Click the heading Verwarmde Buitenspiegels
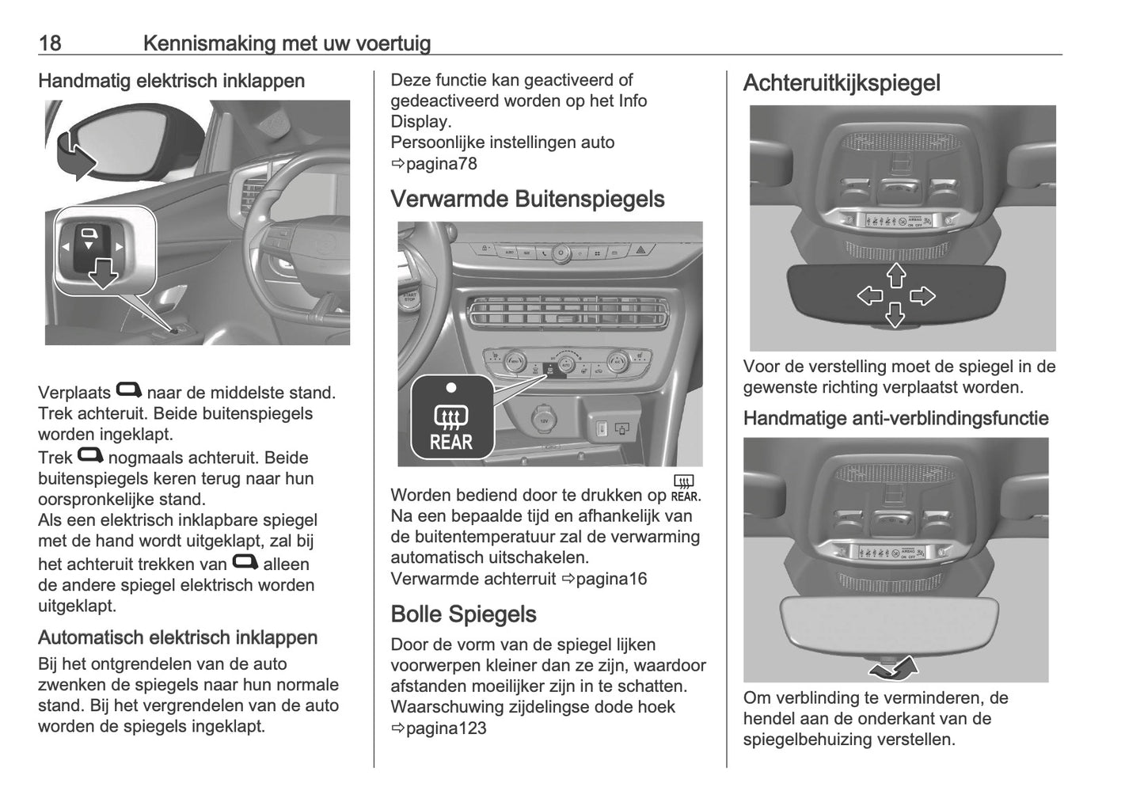pos(527,199)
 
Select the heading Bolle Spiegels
pos(463,614)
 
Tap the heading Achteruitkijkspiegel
pos(842,83)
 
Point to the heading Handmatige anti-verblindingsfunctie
pos(895,419)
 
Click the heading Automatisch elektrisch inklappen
pos(177,638)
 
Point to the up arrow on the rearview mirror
pos(895,275)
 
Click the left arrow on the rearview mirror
pos(870,296)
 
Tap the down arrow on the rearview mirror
pos(895,315)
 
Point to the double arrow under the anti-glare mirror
pos(894,669)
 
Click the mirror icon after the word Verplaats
pos(128,390)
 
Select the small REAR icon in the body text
pos(684,489)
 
